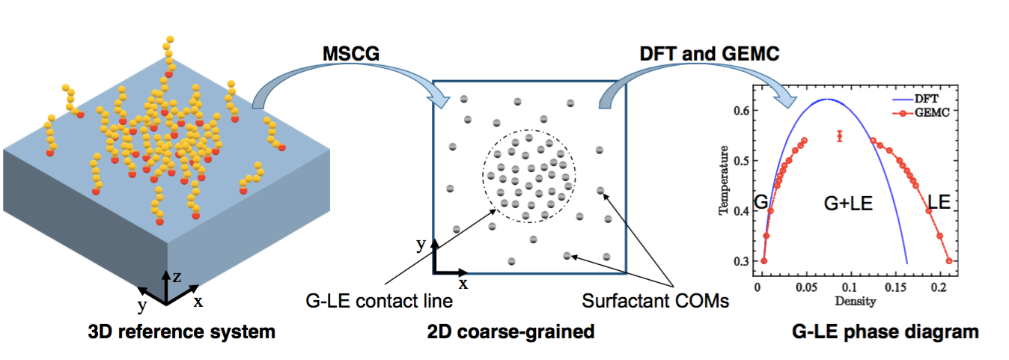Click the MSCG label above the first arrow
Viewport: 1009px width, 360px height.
point(349,54)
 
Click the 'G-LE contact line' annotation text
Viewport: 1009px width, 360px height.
point(379,302)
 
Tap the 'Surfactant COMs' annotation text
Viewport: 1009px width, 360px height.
point(656,302)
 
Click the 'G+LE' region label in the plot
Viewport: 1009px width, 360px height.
point(848,202)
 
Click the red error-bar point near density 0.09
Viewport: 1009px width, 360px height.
point(840,135)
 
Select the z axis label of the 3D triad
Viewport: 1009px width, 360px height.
point(177,275)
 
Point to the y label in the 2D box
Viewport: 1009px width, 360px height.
point(421,244)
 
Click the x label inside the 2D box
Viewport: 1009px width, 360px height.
point(463,283)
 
